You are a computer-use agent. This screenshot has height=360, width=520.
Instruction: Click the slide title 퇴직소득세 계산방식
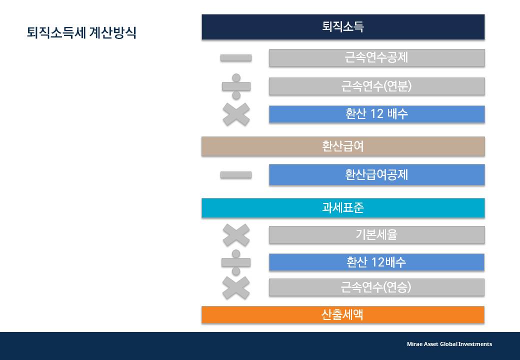81,33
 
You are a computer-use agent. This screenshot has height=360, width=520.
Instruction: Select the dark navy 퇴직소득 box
343,27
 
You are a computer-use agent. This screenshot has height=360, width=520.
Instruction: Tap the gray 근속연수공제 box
376,57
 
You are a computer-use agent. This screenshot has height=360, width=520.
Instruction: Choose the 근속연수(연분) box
376,86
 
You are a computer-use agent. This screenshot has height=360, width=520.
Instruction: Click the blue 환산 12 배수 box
376,114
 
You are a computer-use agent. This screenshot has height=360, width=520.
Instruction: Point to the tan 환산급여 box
343,146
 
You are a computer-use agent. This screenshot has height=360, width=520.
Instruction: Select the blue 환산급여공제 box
376,175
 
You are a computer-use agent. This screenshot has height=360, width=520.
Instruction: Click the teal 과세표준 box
343,208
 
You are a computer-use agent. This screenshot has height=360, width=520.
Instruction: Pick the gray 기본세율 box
376,234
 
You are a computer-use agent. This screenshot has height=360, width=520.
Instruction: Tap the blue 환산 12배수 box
376,262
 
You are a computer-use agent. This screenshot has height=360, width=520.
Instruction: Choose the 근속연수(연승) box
376,287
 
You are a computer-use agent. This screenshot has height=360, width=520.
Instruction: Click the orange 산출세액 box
343,315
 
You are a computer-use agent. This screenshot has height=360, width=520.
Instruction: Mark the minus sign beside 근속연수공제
236,58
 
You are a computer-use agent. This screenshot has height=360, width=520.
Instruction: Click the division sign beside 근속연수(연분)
236,86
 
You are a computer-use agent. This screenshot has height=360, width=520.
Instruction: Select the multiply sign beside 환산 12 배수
236,114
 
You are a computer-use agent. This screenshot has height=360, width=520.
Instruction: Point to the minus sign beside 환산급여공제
236,175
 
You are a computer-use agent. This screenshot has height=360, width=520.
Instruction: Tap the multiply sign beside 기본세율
236,235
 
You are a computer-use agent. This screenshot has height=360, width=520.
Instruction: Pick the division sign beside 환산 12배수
236,262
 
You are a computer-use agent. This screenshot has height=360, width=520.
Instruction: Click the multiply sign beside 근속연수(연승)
236,287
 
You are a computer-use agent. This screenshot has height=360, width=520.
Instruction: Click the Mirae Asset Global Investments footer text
449,344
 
